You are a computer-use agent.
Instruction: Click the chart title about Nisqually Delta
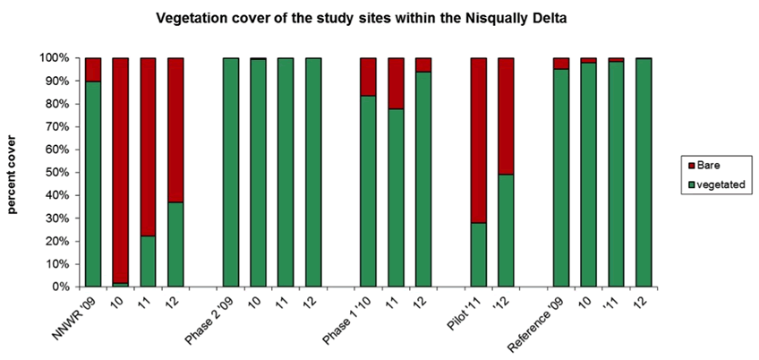(379, 17)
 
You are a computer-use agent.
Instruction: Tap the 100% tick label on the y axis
(55, 58)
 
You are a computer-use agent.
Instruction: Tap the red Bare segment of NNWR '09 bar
(92, 69)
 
